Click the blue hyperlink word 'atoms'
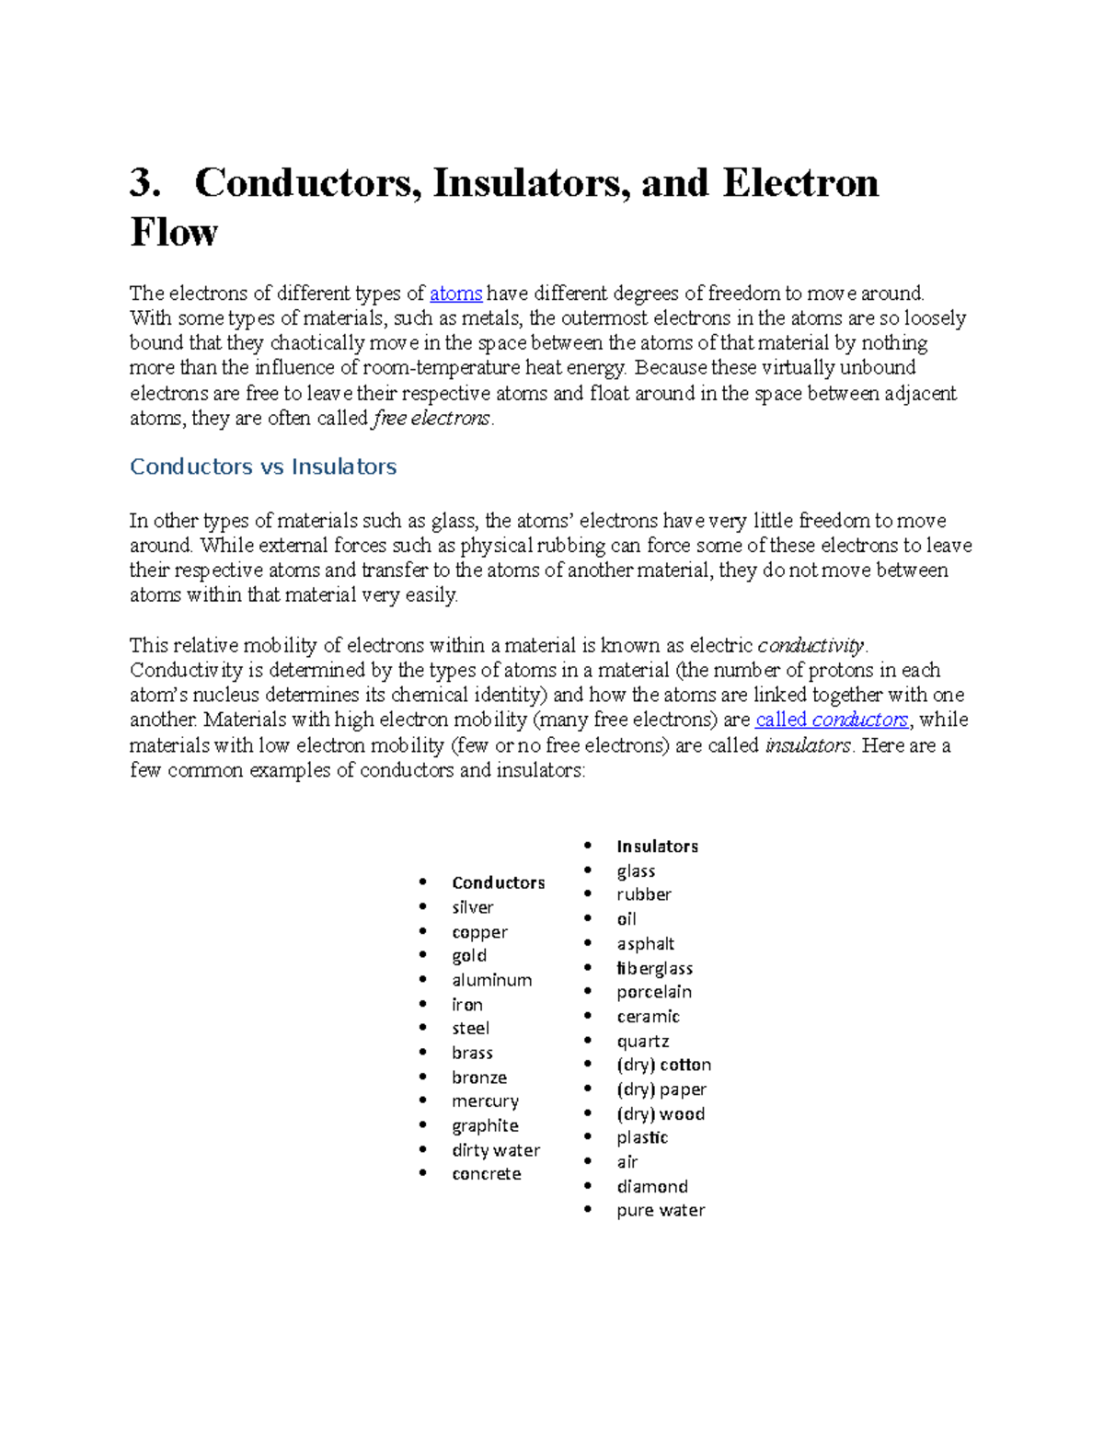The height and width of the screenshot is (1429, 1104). point(455,294)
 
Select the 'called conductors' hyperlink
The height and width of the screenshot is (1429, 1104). point(832,720)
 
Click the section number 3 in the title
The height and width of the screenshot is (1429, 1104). point(144,182)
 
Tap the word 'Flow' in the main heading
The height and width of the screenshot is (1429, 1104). point(174,232)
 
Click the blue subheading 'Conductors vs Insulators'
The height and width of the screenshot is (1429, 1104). point(263,467)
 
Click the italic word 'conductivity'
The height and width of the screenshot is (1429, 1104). point(811,645)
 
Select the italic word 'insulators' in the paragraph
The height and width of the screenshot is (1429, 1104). point(807,745)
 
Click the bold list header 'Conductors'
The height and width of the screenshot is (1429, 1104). point(498,882)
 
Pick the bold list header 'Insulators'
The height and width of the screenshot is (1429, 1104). point(657,847)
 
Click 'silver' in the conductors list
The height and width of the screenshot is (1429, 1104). point(472,907)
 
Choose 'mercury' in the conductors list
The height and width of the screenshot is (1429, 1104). point(485,1101)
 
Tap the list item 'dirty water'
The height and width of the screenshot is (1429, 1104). point(496,1150)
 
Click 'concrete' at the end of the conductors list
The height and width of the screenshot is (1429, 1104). point(486,1174)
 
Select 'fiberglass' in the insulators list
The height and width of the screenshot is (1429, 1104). point(654,968)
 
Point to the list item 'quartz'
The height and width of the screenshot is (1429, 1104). point(642,1041)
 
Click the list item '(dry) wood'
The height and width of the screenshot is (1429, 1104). point(660,1113)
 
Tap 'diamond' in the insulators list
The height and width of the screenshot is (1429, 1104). point(651,1186)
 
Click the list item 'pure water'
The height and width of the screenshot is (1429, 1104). point(661,1210)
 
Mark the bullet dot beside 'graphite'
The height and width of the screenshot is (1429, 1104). point(422,1124)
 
